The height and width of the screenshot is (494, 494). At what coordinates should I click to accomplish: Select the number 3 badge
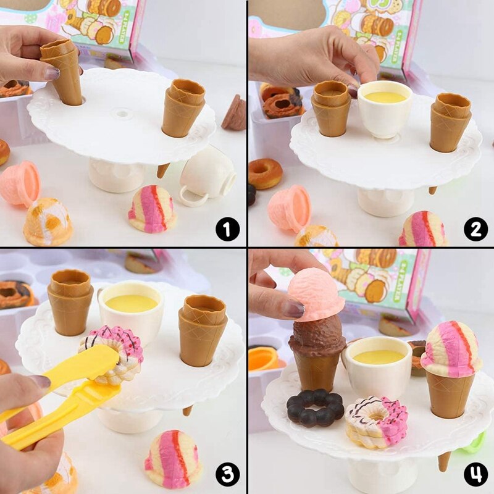coord(227,475)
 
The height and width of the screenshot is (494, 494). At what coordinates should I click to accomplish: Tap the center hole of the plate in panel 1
coord(123,114)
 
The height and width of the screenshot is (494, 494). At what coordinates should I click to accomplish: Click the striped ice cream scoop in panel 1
coord(152,209)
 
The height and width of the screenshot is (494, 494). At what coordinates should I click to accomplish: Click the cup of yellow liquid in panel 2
coord(385,108)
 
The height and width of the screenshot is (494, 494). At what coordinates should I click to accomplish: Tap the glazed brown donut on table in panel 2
coord(266,174)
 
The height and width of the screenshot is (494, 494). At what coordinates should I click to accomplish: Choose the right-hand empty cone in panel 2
coord(450,121)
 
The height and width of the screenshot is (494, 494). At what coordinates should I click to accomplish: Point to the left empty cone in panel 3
coord(70,301)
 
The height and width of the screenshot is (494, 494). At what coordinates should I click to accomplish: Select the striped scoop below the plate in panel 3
coord(174,459)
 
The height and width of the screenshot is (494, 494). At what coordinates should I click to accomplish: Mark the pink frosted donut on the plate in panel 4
coord(377,422)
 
